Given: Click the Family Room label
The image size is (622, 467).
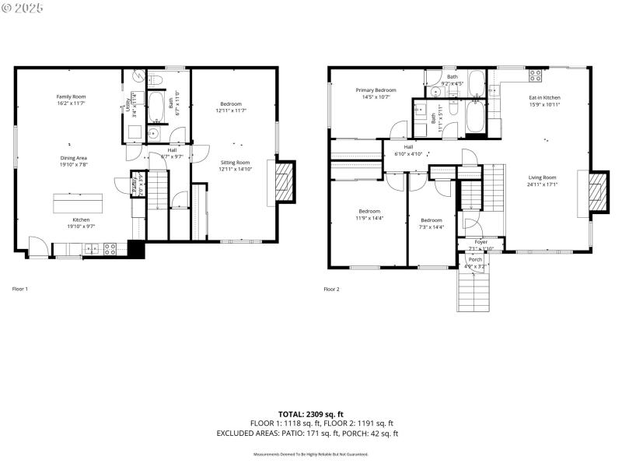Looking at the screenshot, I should pyautogui.click(x=71, y=96).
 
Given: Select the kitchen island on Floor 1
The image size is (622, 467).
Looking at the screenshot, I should pyautogui.click(x=78, y=202).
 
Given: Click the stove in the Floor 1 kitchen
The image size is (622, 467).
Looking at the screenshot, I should pyautogui.click(x=110, y=249).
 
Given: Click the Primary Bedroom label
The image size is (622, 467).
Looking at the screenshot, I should pyautogui.click(x=376, y=90).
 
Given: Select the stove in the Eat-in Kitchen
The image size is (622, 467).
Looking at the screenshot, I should pyautogui.click(x=535, y=75).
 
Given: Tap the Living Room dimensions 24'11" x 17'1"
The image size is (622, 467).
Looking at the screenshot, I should pyautogui.click(x=542, y=184).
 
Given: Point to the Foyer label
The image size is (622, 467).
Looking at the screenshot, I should pyautogui.click(x=481, y=242).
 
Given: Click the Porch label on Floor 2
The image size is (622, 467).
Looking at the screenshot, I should pyautogui.click(x=475, y=258).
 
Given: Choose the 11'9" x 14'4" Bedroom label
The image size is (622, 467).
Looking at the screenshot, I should pyautogui.click(x=369, y=211).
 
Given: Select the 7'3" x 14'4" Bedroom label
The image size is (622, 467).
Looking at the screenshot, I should pyautogui.click(x=432, y=219).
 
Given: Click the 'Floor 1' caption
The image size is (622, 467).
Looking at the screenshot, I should pyautogui.click(x=20, y=289).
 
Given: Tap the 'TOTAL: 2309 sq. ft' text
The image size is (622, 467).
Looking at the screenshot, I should pyautogui.click(x=311, y=413).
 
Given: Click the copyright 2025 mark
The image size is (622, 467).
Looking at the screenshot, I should pyautogui.click(x=23, y=7).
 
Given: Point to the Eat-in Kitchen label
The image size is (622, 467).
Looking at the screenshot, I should pyautogui.click(x=544, y=97).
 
